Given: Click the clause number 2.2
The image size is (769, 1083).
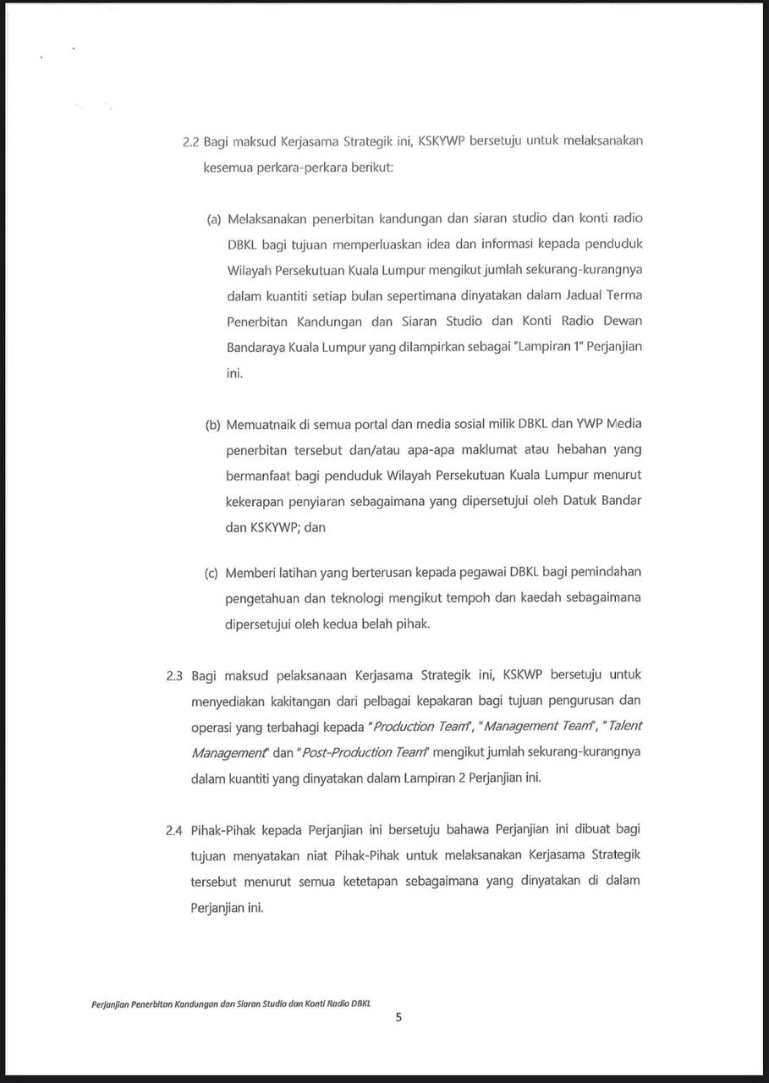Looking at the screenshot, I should coord(190,141).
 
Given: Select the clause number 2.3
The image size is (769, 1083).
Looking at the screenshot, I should coord(175,675).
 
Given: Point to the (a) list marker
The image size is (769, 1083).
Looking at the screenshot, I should coord(214,218).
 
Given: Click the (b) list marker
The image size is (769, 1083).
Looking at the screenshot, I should coord(213,424).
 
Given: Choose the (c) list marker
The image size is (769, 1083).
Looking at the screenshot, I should coord(212,573).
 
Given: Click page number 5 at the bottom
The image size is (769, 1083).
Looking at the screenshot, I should coord(398,1018).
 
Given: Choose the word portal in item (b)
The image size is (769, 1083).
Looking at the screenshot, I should coord(349,424).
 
